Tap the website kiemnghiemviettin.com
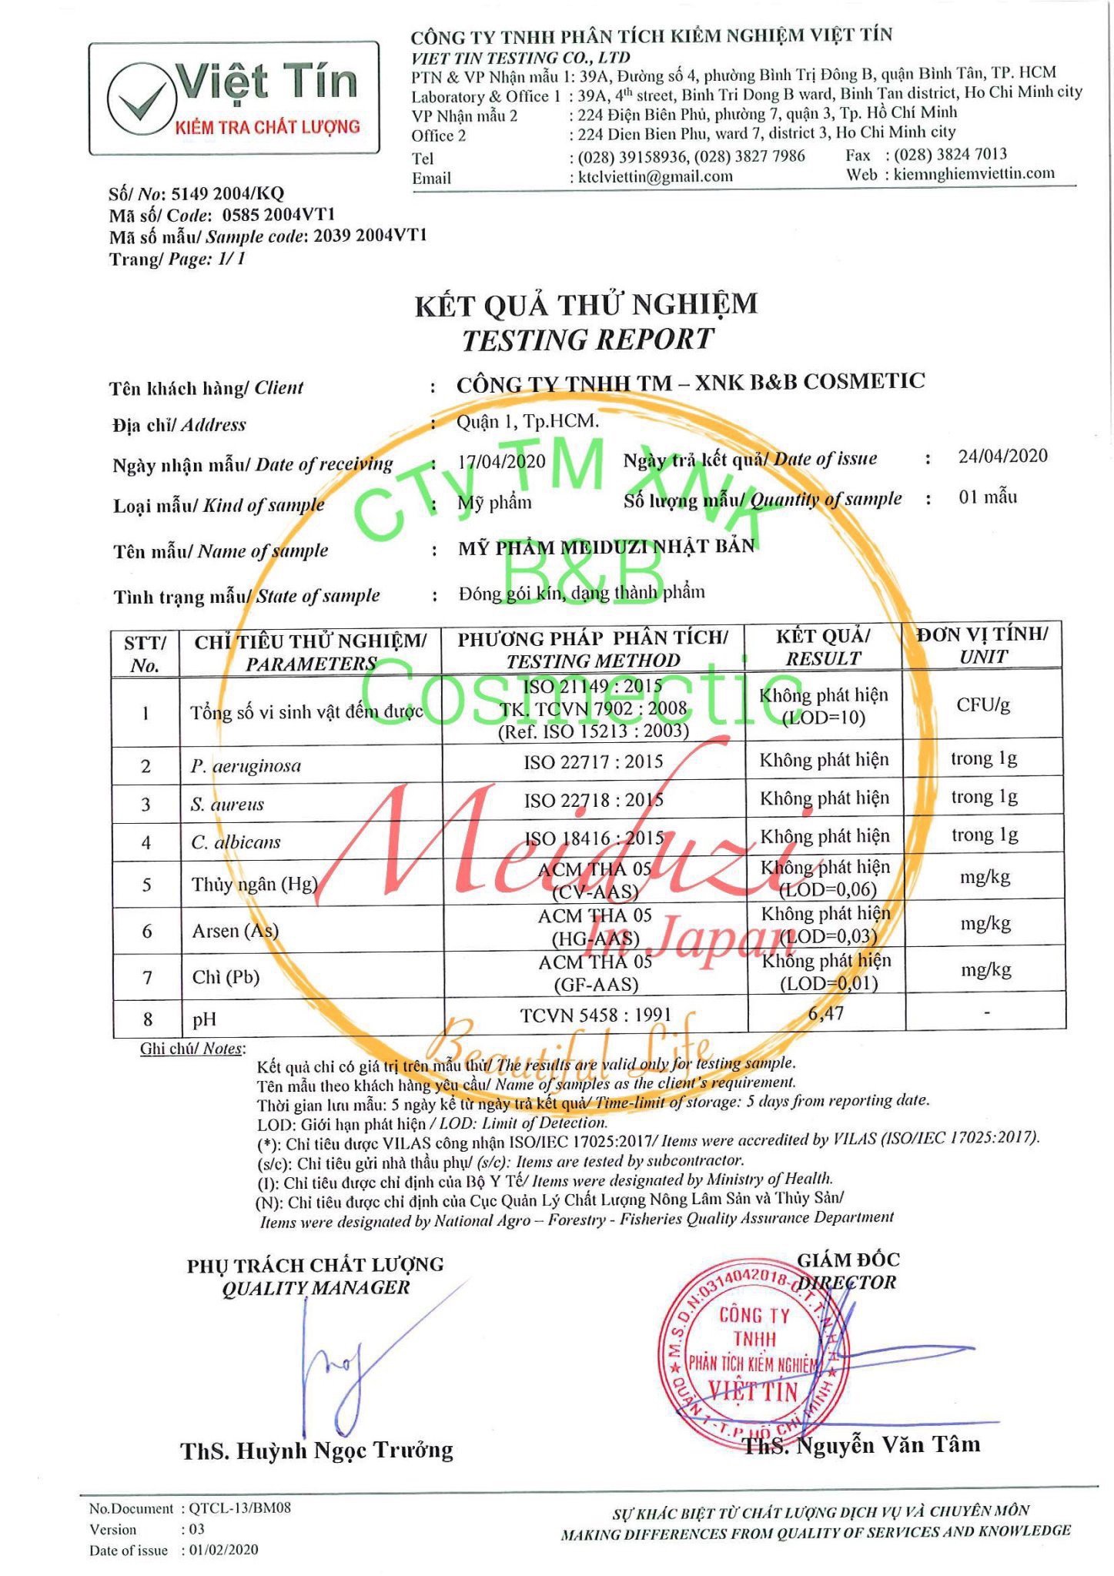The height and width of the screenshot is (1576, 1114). tap(974, 173)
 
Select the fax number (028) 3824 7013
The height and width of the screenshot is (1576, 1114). tap(950, 154)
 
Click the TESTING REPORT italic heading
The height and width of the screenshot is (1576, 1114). tap(587, 340)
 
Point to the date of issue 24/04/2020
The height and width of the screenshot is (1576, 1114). tap(1002, 456)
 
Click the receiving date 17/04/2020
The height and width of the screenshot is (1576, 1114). tap(501, 461)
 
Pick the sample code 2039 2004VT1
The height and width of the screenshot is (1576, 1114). tap(370, 236)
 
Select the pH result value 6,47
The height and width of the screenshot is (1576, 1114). tap(826, 1013)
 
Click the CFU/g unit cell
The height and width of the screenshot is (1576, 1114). tap(983, 705)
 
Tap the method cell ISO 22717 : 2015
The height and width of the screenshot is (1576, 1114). tap(594, 762)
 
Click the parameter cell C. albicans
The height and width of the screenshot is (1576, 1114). tap(236, 842)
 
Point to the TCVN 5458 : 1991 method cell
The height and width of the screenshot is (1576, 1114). tap(595, 1016)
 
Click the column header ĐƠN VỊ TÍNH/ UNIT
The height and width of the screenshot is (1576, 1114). tap(982, 645)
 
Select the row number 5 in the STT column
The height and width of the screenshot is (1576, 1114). tap(146, 885)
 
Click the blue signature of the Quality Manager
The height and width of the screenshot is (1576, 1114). tap(339, 1367)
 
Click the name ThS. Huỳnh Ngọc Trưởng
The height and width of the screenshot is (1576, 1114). tap(316, 1451)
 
